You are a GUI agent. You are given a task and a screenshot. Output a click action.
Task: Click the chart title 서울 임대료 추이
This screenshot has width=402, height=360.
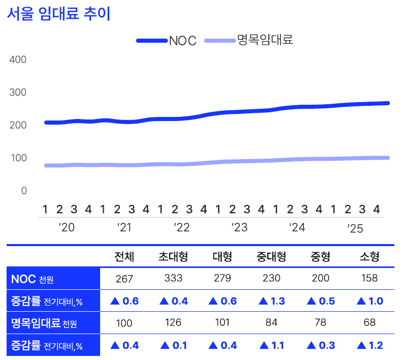pyautogui.click(x=58, y=14)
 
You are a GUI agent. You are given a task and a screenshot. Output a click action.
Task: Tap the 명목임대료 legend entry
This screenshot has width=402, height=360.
pyautogui.click(x=265, y=41)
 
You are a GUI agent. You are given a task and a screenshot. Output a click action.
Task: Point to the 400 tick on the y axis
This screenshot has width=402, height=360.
pyautogui.click(x=18, y=59)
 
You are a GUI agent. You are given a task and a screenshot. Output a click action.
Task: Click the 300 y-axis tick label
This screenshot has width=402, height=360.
pyautogui.click(x=18, y=93)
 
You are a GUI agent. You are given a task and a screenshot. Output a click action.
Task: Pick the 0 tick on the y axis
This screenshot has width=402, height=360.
pyautogui.click(x=24, y=191)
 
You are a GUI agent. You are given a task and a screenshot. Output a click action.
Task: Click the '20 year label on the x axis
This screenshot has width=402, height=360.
pyautogui.click(x=66, y=227)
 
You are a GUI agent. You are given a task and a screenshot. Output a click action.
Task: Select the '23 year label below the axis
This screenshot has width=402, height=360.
pyautogui.click(x=239, y=227)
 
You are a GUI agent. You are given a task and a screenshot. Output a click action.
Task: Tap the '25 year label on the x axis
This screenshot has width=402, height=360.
pyautogui.click(x=355, y=228)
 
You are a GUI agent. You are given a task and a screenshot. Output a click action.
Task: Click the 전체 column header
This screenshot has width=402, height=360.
pyautogui.click(x=125, y=257)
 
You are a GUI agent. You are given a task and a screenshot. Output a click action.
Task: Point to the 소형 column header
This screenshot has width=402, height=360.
pyautogui.click(x=369, y=257)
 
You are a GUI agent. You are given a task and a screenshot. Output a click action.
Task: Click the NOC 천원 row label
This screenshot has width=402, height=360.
pyautogui.click(x=32, y=279)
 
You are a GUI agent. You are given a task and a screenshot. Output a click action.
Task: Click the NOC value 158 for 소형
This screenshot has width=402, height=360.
pyautogui.click(x=369, y=278)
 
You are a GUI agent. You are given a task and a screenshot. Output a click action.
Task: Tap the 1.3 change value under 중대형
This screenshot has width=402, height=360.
pyautogui.click(x=271, y=301)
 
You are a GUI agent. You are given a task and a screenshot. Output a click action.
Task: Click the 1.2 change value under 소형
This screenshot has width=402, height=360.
pyautogui.click(x=369, y=345)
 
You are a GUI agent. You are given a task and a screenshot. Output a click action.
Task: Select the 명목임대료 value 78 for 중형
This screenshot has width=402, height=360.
pyautogui.click(x=320, y=322)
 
